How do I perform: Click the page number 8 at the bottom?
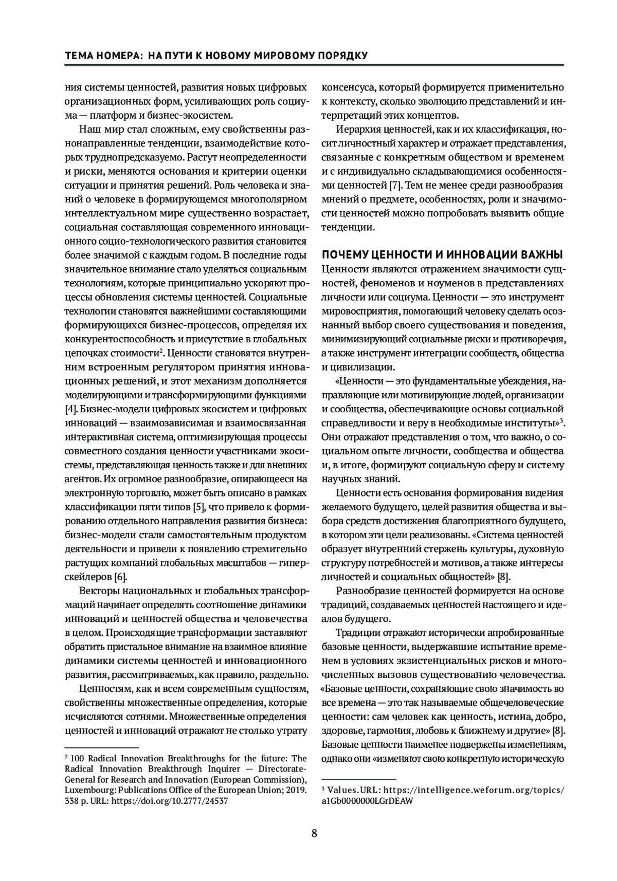314,833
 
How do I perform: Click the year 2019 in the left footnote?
296,790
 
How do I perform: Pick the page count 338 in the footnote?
72,801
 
